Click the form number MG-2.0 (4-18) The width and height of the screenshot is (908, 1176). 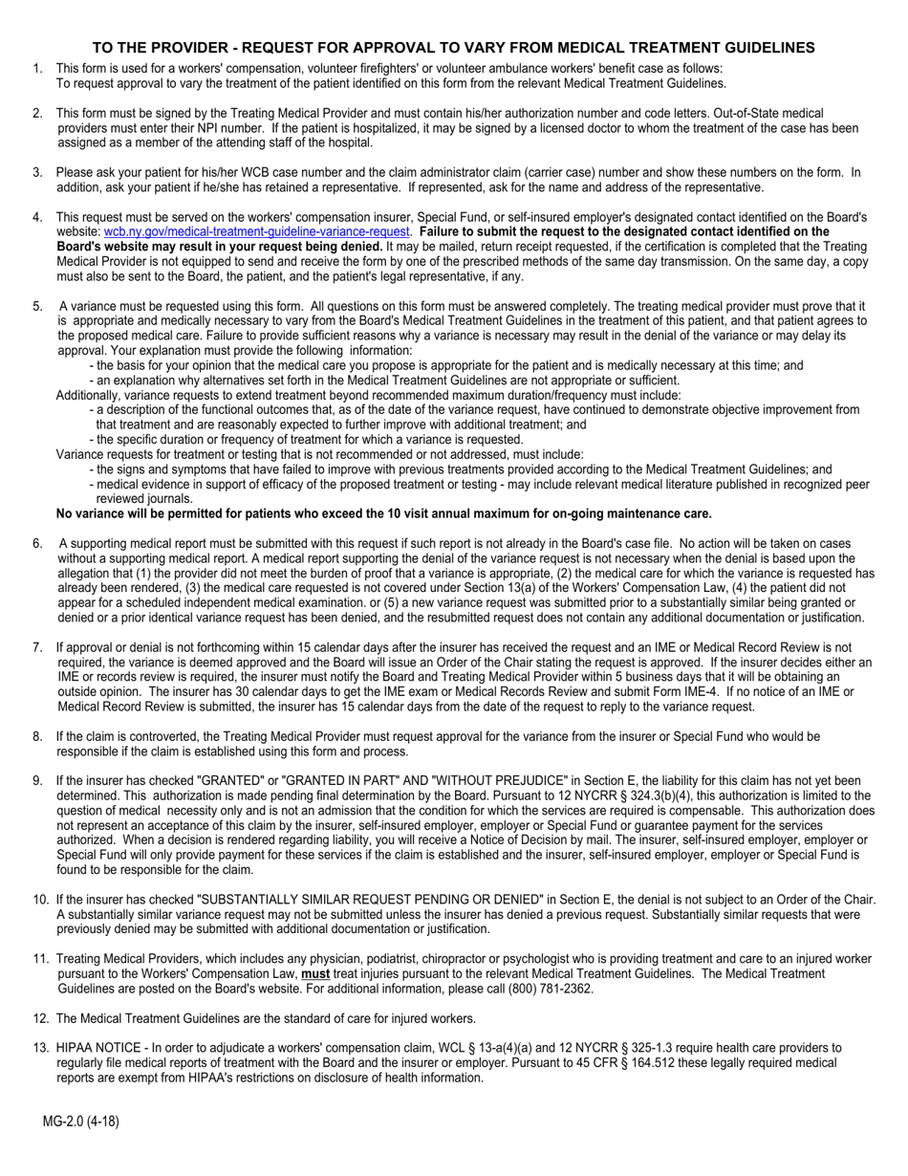coord(80,1122)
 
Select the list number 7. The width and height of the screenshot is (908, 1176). coord(37,647)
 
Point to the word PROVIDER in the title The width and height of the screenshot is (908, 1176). coord(179,48)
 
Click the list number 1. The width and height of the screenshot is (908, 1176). coord(37,68)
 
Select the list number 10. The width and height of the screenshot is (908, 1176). coord(40,900)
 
